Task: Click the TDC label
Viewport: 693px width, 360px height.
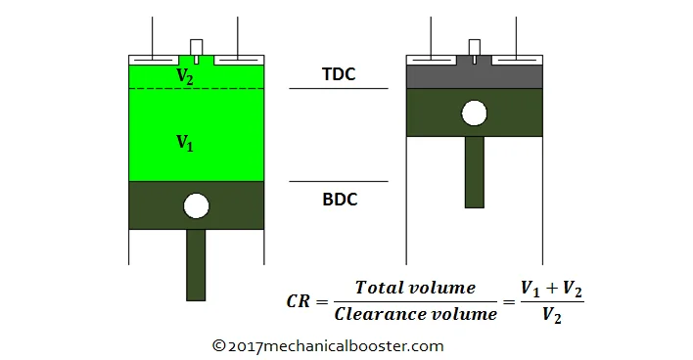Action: pyautogui.click(x=339, y=74)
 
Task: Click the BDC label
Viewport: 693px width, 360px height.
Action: pyautogui.click(x=340, y=200)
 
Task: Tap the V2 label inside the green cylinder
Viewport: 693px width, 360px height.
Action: pyautogui.click(x=185, y=76)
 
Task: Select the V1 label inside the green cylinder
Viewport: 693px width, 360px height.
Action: pyautogui.click(x=185, y=143)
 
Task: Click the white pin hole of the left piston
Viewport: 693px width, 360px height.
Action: pyautogui.click(x=196, y=205)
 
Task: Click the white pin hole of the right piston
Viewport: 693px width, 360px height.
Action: pyautogui.click(x=474, y=113)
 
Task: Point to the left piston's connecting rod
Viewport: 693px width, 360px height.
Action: pyautogui.click(x=196, y=265)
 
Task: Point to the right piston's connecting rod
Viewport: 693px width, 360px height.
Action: pyautogui.click(x=474, y=172)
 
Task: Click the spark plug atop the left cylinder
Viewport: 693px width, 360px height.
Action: pyautogui.click(x=196, y=50)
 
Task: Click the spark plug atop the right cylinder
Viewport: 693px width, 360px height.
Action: pyautogui.click(x=474, y=50)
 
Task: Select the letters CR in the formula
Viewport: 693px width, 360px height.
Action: pyautogui.click(x=298, y=301)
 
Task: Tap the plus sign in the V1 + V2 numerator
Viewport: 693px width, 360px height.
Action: pyautogui.click(x=552, y=288)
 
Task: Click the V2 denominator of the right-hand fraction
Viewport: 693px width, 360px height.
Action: pyautogui.click(x=552, y=315)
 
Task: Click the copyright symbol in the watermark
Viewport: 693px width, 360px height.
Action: pyautogui.click(x=219, y=345)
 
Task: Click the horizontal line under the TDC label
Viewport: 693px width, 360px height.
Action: pyautogui.click(x=339, y=88)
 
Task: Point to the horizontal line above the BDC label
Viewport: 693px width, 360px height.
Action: pyautogui.click(x=339, y=181)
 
